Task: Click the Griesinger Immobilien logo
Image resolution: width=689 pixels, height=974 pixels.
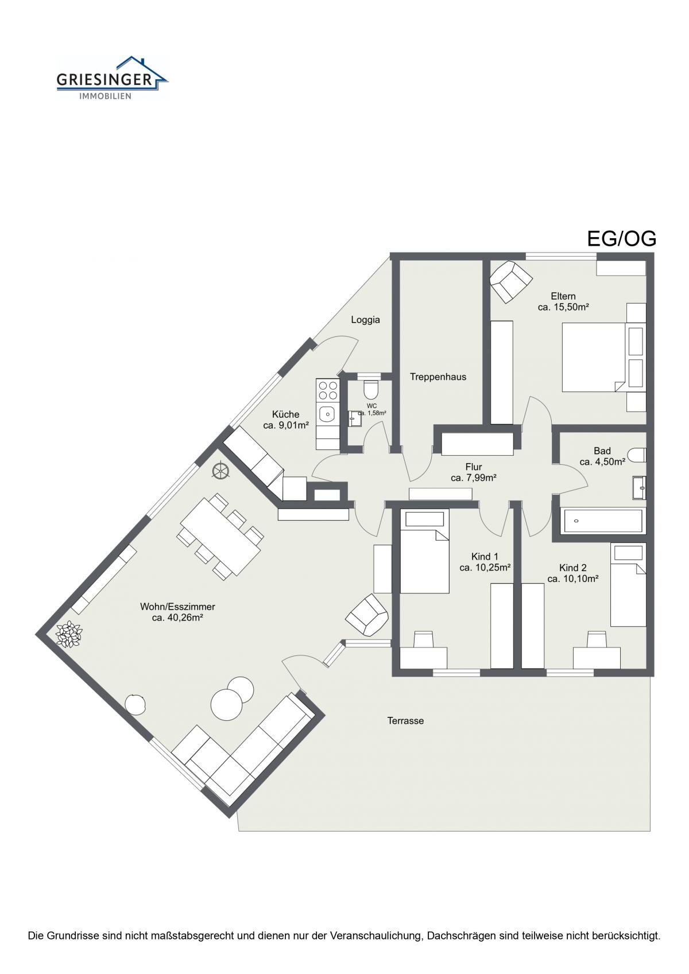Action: pos(112,78)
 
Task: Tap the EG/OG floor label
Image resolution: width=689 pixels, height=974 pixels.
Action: pos(621,239)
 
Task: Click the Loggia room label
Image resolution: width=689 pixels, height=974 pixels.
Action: pos(365,320)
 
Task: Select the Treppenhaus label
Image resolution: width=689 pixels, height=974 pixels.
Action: pos(438,377)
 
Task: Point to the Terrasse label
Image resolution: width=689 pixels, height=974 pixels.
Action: pos(405,721)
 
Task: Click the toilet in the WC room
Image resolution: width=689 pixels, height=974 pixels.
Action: pos(371,390)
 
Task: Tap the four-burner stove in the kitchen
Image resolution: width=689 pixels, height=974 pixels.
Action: pos(328,390)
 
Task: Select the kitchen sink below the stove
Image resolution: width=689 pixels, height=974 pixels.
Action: pos(328,413)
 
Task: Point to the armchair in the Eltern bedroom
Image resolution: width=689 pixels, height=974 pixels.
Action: pos(510,281)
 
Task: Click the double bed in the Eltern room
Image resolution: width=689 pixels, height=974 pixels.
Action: pos(604,357)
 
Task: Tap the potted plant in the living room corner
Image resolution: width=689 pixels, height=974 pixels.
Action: pos(68,634)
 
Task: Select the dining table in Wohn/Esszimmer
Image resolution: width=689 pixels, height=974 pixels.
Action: pos(220,536)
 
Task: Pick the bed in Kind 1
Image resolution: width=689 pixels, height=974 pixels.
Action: pos(424,552)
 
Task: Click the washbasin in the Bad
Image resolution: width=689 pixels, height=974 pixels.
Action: pos(639,487)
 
